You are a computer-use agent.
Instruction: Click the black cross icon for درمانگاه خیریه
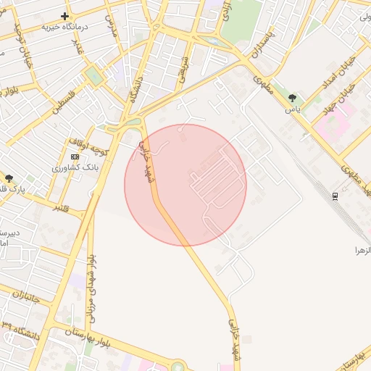tap(65, 15)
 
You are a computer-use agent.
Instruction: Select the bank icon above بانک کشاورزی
tap(75, 157)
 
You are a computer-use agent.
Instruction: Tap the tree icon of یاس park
tap(292, 98)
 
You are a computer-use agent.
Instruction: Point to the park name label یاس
tap(292, 109)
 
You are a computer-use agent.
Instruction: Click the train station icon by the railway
tap(335, 196)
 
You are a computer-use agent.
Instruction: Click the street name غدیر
tap(77, 46)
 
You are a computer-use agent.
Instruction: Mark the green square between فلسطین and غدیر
tap(93, 75)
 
